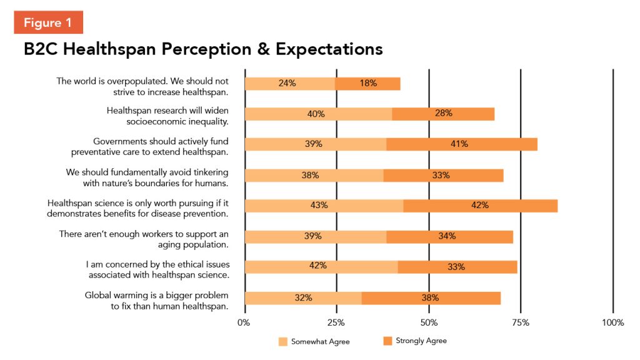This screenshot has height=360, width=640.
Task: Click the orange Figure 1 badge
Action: [48, 22]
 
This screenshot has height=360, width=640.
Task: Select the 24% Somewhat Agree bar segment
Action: [290, 84]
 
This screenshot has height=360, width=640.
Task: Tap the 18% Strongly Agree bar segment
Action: [367, 84]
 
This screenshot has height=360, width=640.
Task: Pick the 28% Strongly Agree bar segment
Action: [443, 114]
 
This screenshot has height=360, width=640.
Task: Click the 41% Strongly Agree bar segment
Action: [462, 144]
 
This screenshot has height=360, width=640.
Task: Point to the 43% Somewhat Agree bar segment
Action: [324, 206]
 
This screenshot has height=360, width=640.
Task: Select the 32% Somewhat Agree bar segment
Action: [303, 298]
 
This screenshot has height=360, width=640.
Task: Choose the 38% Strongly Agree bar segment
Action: [431, 298]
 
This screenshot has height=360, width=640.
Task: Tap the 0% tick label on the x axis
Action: [244, 322]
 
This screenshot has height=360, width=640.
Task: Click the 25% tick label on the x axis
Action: [336, 322]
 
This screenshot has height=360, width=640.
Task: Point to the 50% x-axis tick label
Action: [429, 322]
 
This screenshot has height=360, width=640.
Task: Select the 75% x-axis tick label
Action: [521, 322]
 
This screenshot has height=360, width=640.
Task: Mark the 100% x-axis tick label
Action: [613, 322]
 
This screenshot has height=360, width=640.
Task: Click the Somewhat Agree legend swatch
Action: [283, 341]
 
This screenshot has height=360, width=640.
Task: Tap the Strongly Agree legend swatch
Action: [387, 341]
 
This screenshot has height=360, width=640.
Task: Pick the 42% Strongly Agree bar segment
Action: [480, 206]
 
